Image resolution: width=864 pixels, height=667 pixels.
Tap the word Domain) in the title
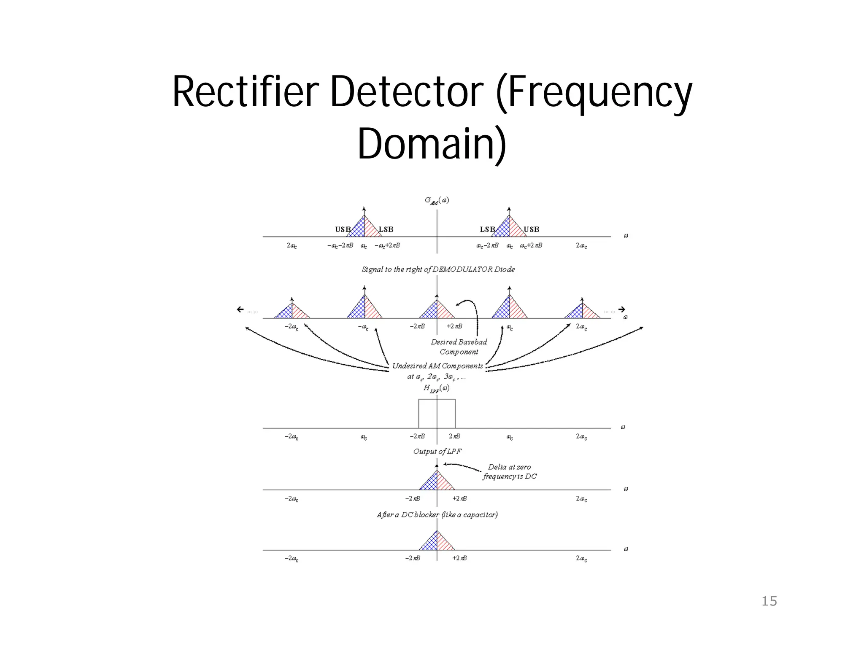pyautogui.click(x=432, y=143)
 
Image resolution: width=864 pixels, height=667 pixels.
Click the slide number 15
pyautogui.click(x=769, y=601)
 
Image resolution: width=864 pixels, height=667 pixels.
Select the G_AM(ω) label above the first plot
pyautogui.click(x=437, y=200)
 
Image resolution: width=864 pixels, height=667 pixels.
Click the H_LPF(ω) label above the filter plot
pyautogui.click(x=436, y=388)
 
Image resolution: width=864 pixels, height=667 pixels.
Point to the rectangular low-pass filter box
pyautogui.click(x=437, y=413)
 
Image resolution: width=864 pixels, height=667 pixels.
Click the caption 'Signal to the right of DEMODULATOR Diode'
pyautogui.click(x=438, y=269)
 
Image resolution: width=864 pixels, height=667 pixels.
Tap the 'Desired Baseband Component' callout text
pyautogui.click(x=459, y=347)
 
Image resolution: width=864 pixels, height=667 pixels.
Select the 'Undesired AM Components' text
pyautogui.click(x=437, y=366)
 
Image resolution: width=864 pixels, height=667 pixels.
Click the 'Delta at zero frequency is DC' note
pyautogui.click(x=509, y=471)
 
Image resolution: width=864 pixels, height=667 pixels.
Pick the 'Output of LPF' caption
pyautogui.click(x=437, y=451)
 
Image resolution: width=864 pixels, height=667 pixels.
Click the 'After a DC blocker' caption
pyautogui.click(x=437, y=514)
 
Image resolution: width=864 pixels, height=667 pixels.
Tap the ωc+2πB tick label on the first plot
pyautogui.click(x=531, y=245)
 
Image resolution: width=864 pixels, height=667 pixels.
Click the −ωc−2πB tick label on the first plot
pyautogui.click(x=340, y=245)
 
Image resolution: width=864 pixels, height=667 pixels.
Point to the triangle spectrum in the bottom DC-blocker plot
pyautogui.click(x=437, y=542)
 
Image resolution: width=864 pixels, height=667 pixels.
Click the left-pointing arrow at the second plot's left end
pyautogui.click(x=240, y=309)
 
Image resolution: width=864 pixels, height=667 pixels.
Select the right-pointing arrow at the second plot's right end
pyautogui.click(x=621, y=309)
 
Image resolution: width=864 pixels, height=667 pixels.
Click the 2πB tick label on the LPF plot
pyautogui.click(x=454, y=436)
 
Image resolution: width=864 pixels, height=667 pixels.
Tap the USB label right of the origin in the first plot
pyautogui.click(x=531, y=229)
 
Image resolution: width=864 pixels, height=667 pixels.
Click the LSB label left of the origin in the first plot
pyautogui.click(x=386, y=229)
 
